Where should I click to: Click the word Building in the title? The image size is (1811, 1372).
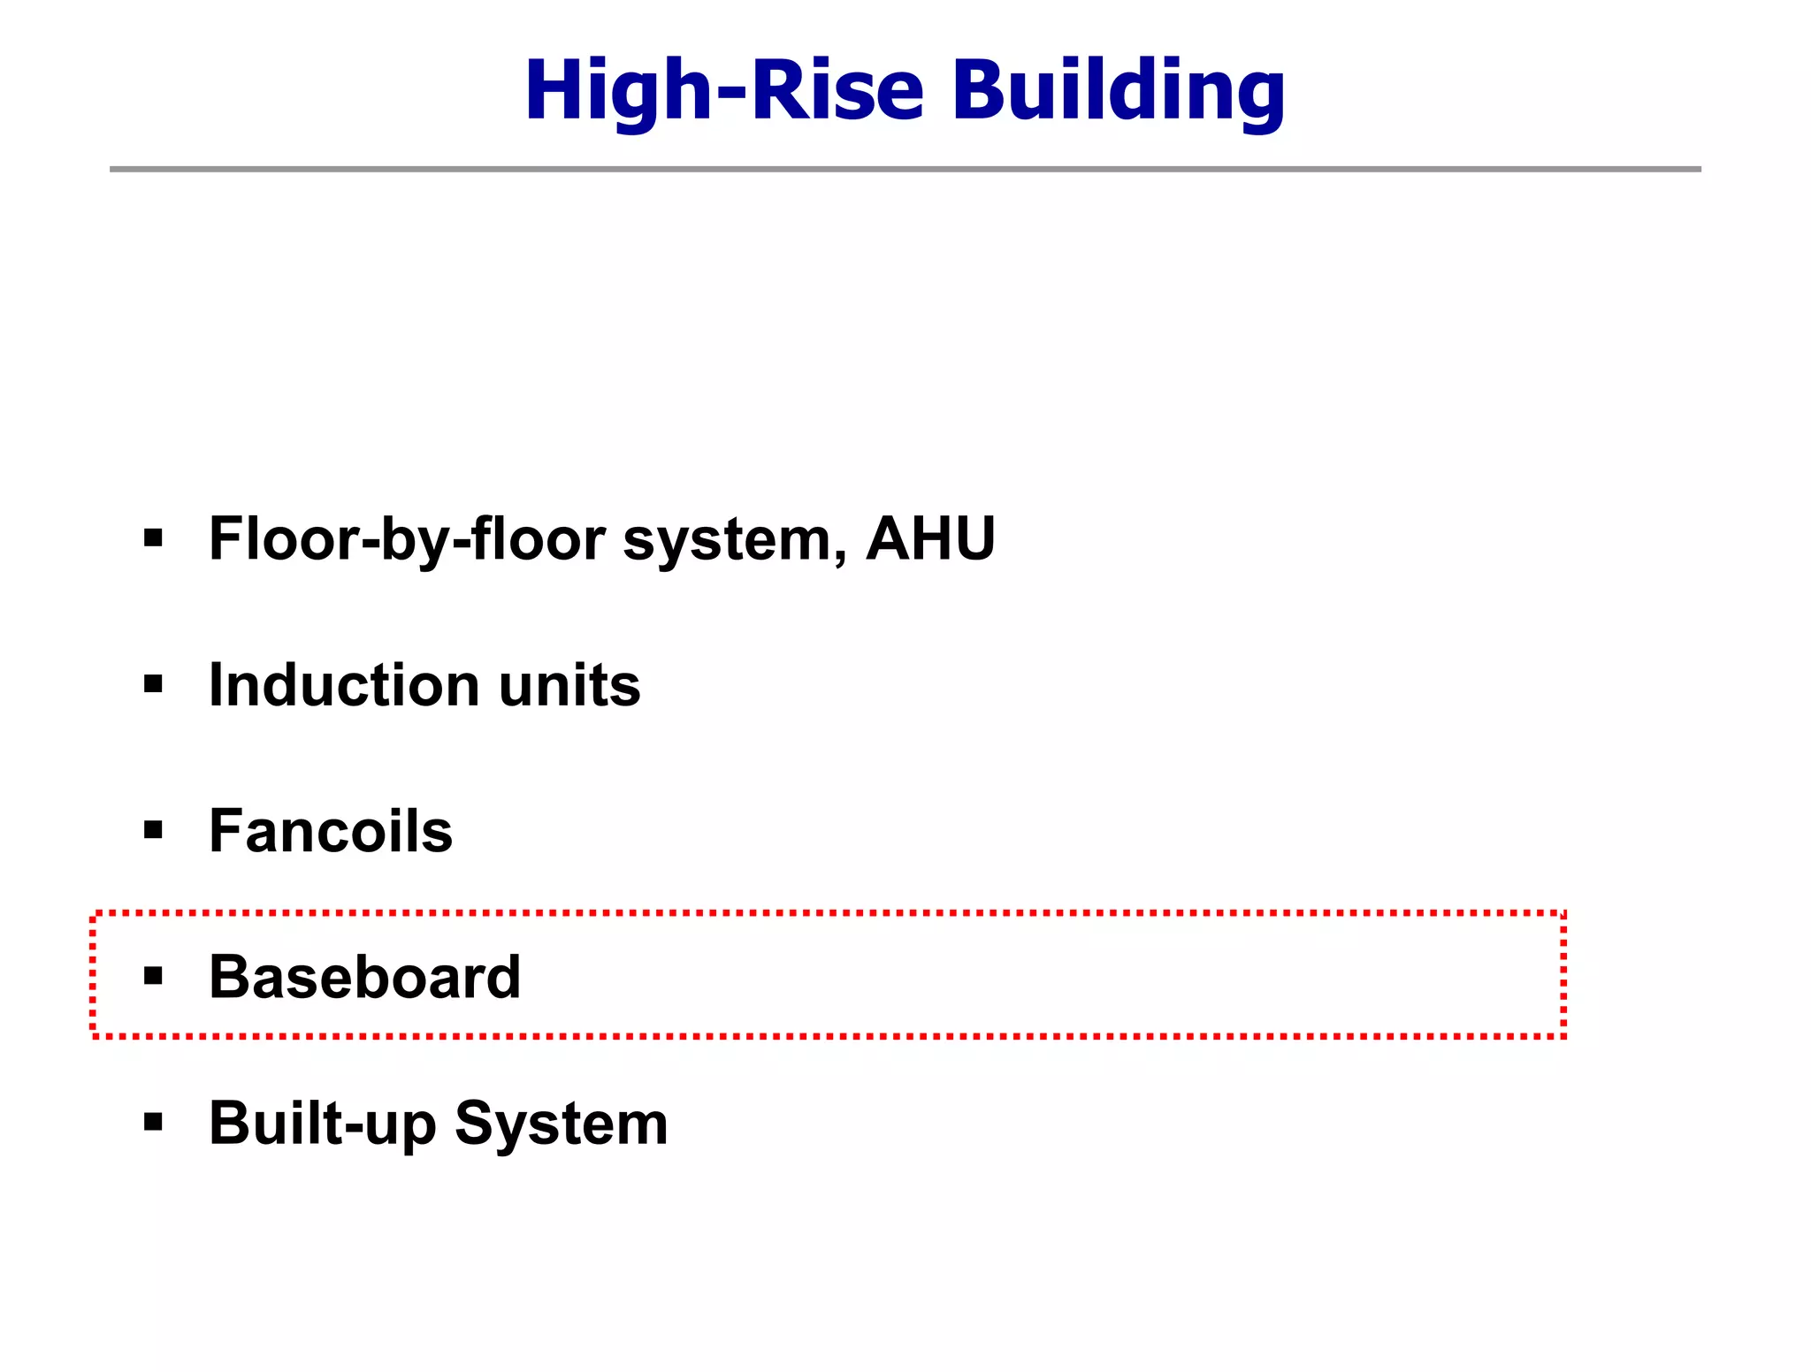point(1118,90)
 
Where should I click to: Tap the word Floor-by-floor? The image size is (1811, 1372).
point(407,539)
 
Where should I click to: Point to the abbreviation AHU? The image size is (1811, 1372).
point(930,538)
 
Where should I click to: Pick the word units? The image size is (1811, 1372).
point(569,686)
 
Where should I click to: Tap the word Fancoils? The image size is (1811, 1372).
point(331,831)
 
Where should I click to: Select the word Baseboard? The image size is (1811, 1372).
point(364,977)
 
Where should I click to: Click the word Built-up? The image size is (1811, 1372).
point(323,1124)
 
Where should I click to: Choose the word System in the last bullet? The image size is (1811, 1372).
point(562,1124)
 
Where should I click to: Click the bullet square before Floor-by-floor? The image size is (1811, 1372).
point(154,537)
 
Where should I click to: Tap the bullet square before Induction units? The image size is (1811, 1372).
point(154,684)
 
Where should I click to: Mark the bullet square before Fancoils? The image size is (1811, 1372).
point(154,830)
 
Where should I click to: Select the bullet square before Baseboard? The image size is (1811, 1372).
point(154,976)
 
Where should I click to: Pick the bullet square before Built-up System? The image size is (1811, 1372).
point(154,1123)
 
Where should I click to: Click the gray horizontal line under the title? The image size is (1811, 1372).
point(905,169)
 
